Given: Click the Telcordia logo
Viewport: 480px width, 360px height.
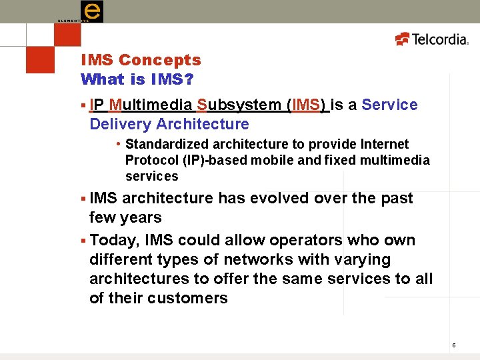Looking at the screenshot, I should tap(432, 39).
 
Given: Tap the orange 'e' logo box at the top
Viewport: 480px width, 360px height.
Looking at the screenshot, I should tap(92, 11).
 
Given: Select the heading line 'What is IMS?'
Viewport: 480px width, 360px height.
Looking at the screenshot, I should tap(137, 79).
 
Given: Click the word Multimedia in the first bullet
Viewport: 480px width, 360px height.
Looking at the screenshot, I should tap(151, 105).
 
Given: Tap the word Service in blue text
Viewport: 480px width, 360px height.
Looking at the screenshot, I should tap(389, 105).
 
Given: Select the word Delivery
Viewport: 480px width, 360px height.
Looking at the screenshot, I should tap(120, 124).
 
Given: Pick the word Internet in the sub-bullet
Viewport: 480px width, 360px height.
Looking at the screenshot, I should tap(383, 144).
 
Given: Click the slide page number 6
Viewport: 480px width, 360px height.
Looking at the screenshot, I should tap(453, 345).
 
